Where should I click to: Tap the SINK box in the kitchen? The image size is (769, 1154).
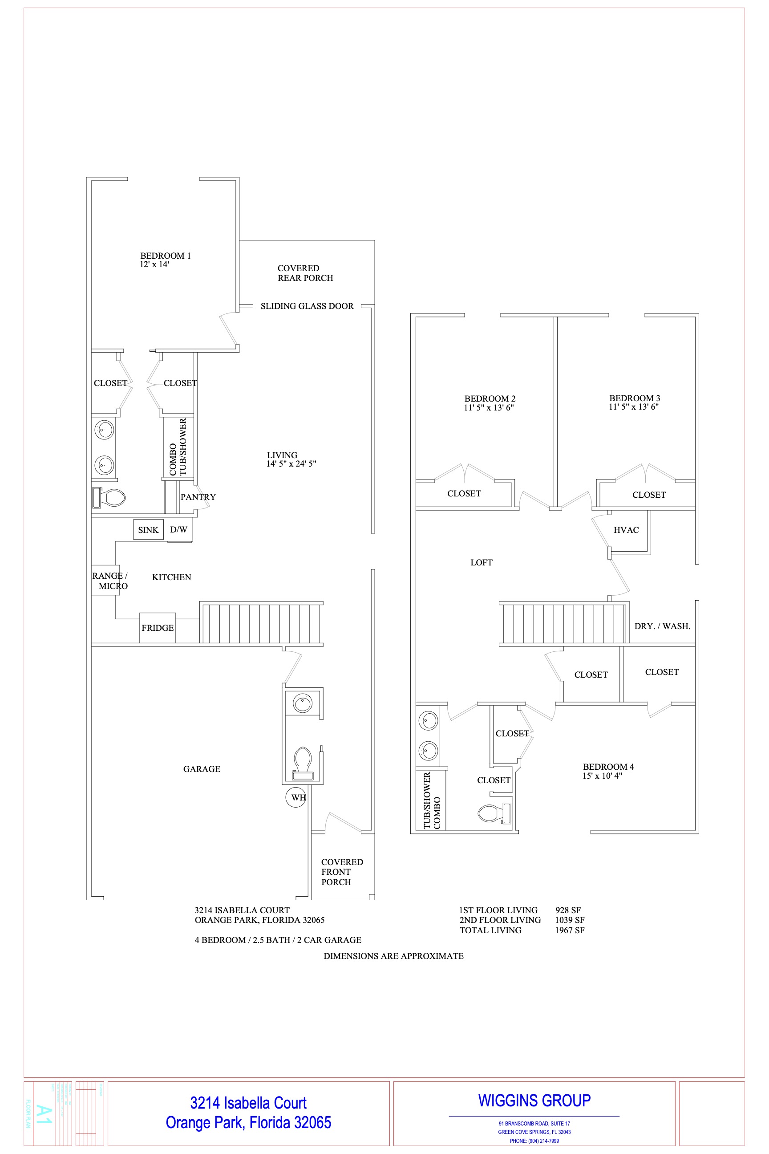[148, 530]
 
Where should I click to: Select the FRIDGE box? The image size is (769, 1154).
[158, 628]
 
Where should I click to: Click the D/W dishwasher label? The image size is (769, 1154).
[178, 529]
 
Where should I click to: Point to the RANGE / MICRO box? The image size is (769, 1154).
[105, 581]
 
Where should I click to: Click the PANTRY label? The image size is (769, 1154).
[198, 497]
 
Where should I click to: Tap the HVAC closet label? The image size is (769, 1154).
[626, 530]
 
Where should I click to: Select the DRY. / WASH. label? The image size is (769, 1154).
[662, 626]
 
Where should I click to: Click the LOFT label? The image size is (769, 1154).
[481, 563]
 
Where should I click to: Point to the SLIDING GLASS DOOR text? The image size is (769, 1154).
[307, 306]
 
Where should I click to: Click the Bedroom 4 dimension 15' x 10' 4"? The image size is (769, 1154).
[602, 776]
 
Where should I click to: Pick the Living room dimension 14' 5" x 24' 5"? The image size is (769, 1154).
[291, 463]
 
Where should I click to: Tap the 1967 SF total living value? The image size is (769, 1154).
[569, 930]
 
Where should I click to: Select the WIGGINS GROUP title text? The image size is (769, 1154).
[534, 1101]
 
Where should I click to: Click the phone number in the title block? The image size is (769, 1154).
[534, 1141]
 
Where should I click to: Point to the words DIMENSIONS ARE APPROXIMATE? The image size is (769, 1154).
[393, 956]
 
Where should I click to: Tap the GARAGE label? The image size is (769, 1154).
[202, 769]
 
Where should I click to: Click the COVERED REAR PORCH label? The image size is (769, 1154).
[305, 273]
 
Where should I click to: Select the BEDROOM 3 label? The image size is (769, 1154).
[635, 398]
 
